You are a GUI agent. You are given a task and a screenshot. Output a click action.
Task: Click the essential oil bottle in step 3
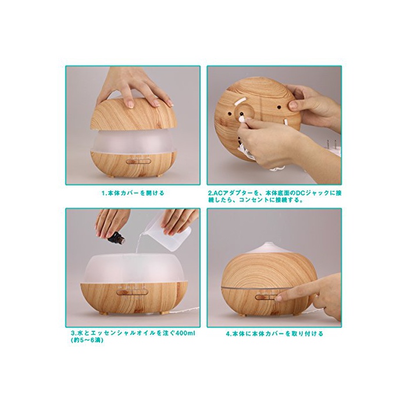[x=116, y=237]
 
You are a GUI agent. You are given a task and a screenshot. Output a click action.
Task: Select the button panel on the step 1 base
[x=138, y=162]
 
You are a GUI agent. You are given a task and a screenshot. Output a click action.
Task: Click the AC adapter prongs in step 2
[x=332, y=144]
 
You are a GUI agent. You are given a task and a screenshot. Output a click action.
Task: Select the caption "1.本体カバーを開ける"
[x=133, y=193]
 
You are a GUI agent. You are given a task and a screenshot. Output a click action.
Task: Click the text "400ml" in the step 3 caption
[x=185, y=333]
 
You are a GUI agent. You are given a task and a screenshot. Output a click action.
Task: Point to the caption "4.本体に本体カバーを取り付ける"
[x=274, y=334]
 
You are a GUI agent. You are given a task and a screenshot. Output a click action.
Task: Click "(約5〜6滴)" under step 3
[x=87, y=341]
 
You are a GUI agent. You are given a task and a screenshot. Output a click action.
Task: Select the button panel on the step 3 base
[x=133, y=292]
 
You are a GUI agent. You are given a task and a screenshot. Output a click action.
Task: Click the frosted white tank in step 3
[x=133, y=269]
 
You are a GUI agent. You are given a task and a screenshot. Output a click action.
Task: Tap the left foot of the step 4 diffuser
[x=242, y=315]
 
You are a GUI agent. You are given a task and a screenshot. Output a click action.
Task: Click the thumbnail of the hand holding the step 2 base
[x=292, y=105]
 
